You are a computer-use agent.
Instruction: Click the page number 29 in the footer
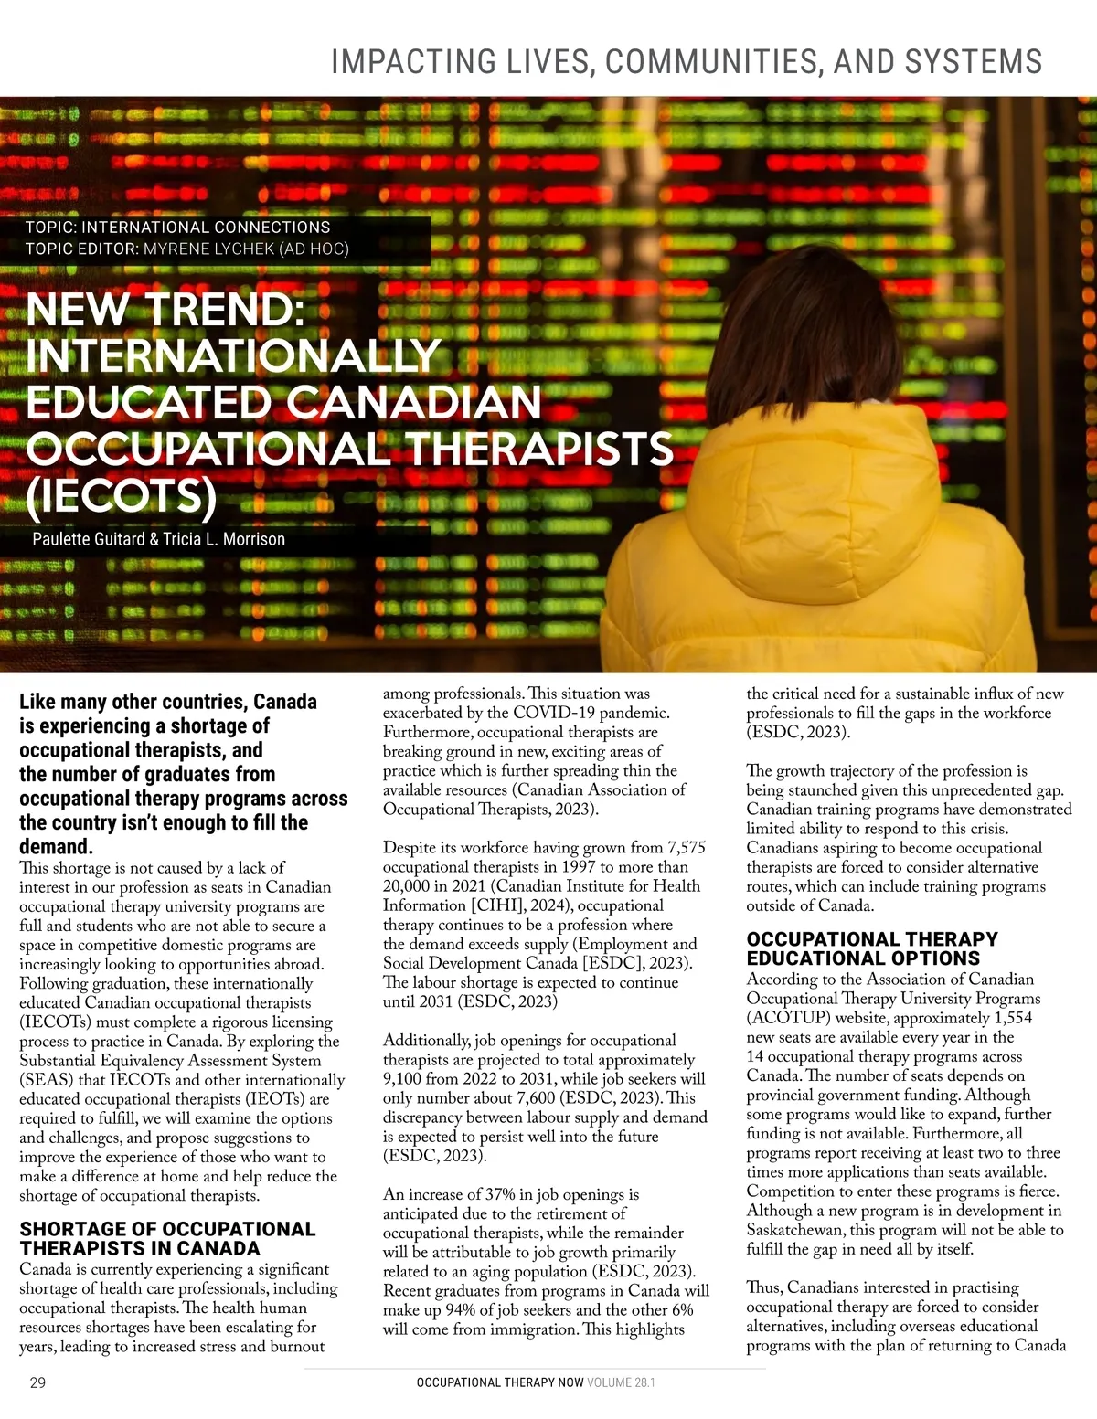pos(37,1382)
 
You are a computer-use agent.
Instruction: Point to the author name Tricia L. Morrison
pos(224,539)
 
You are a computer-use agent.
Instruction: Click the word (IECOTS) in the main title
pos(122,495)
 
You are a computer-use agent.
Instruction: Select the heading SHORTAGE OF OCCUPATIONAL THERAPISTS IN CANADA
pos(167,1239)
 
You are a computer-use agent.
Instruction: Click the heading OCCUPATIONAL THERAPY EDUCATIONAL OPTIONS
pos(872,948)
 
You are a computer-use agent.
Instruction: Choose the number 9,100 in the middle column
pos(403,1079)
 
